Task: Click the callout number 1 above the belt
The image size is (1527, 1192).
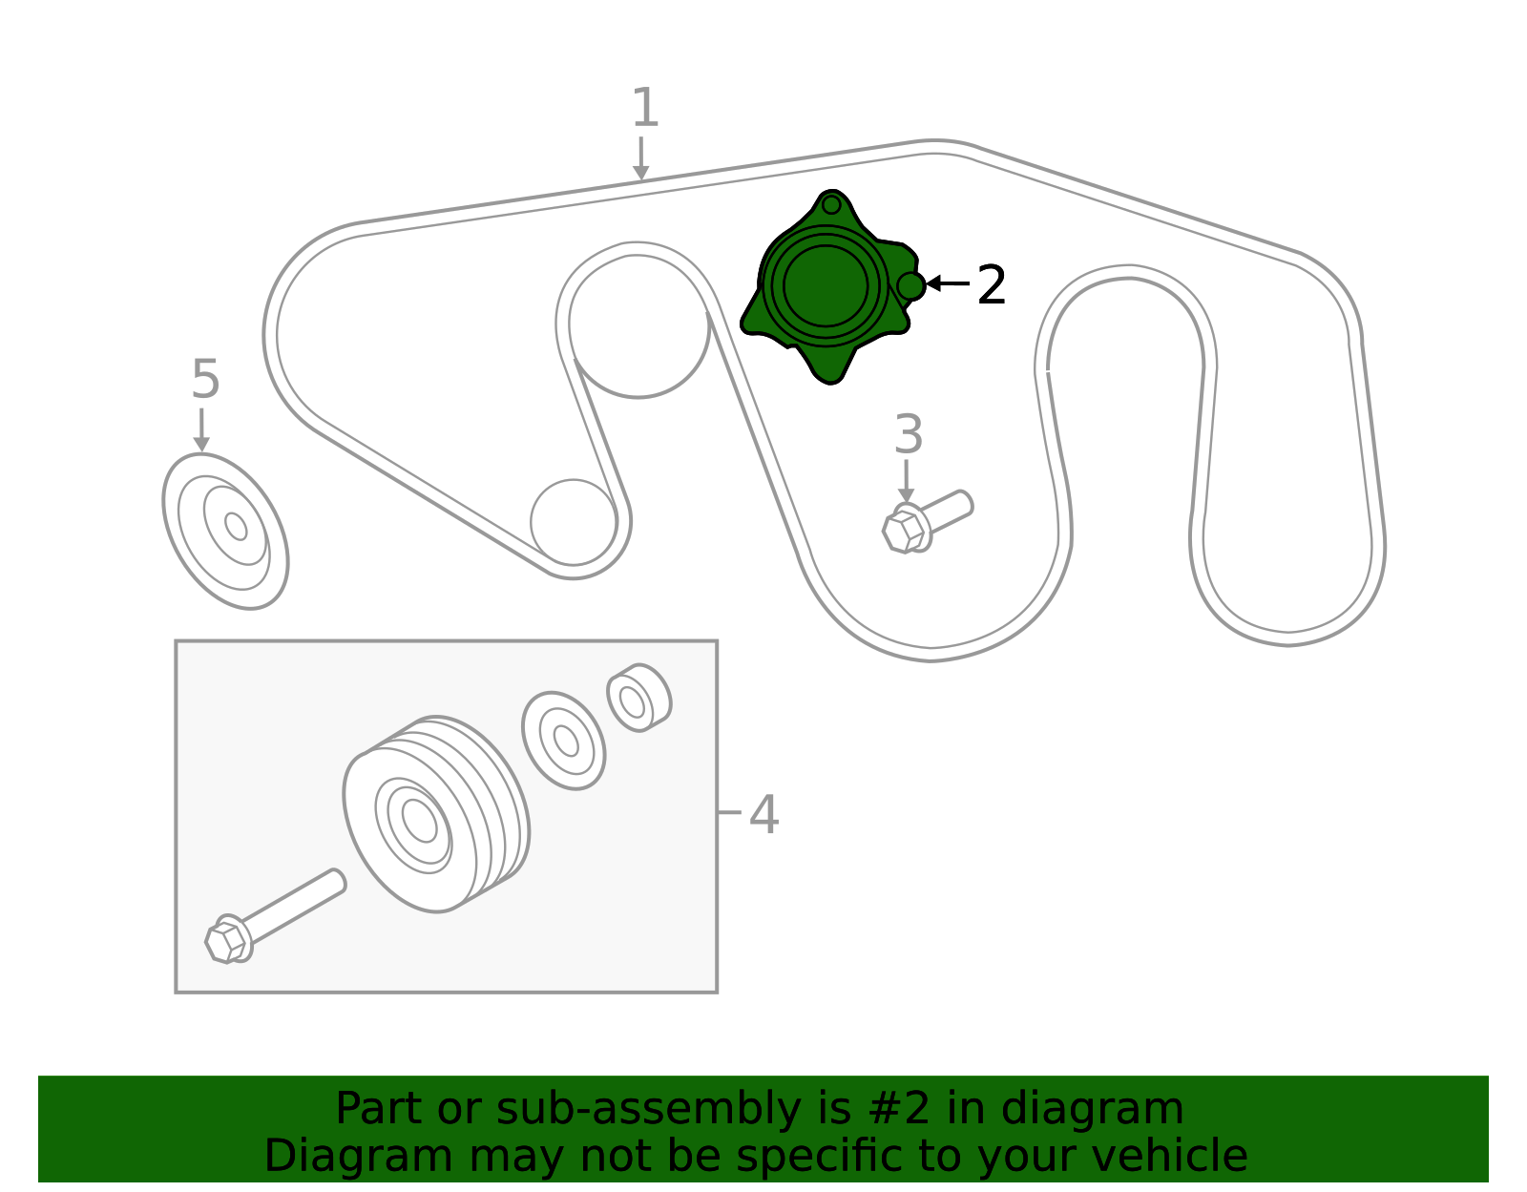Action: tap(645, 108)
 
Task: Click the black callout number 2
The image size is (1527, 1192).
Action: tap(992, 284)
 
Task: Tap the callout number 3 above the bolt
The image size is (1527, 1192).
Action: tap(908, 434)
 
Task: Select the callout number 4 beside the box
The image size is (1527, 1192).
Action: tap(763, 815)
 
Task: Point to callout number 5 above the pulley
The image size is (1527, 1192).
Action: tap(206, 379)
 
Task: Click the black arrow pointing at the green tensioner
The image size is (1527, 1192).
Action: tap(948, 283)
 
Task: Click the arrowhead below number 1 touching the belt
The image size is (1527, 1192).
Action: tap(640, 173)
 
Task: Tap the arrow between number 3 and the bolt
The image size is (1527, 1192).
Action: tap(906, 482)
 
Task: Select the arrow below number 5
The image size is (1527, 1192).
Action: tap(201, 429)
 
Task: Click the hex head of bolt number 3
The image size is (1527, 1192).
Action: tap(903, 532)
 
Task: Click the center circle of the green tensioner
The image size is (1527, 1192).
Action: tap(825, 286)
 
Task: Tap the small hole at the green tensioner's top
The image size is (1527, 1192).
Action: tap(831, 205)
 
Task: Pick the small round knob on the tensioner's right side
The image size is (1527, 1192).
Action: tap(911, 286)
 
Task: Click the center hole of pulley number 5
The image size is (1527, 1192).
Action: tap(236, 526)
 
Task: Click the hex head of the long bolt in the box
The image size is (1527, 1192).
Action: tap(225, 942)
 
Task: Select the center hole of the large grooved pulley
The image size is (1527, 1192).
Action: tap(420, 819)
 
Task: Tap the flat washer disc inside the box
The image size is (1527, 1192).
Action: tap(564, 741)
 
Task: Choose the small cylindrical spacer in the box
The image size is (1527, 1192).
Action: tap(638, 698)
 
